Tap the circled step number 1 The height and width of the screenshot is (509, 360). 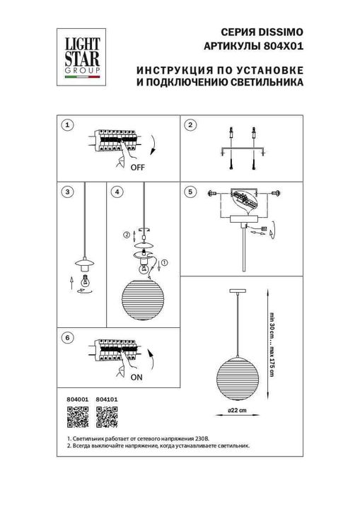[66, 125]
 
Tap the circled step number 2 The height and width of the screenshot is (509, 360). [190, 125]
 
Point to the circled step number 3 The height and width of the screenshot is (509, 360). [66, 192]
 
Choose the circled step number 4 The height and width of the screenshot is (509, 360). [117, 192]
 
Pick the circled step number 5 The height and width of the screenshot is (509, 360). [190, 192]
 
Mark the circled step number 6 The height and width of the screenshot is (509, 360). [66, 339]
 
